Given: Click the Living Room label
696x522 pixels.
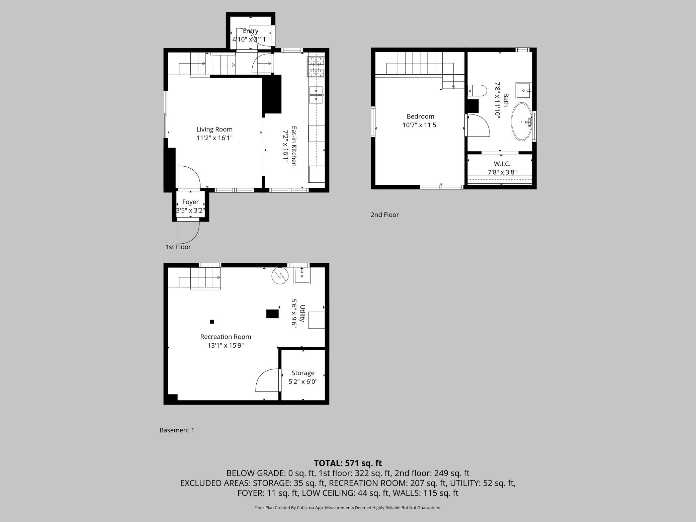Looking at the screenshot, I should coord(214,129).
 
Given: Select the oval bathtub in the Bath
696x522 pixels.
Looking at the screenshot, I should coord(521,121).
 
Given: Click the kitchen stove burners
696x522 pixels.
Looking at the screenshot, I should coord(316,67).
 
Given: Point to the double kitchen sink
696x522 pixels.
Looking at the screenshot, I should coord(316,95).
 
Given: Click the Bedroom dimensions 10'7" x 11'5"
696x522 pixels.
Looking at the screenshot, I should coord(420,125).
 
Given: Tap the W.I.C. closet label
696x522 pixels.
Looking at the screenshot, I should coord(502,164).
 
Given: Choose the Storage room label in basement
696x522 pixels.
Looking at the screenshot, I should coord(303,373).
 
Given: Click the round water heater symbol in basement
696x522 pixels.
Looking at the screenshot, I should coord(280,276).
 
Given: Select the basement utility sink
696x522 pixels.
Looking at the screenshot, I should coord(302,276).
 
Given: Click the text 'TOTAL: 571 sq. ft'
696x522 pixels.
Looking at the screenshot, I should coord(348,463).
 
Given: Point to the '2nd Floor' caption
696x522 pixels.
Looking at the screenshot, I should coord(384,215).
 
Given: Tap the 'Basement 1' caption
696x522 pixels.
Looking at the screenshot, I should coord(177,430).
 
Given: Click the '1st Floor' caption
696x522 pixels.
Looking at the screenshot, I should coord(178,247).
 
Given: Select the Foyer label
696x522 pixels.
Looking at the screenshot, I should coord(190,202).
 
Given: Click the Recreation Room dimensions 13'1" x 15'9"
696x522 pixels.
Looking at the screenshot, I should coord(226,345).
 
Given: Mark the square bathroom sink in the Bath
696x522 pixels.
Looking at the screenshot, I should coord(523,90).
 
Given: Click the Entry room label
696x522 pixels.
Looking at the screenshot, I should coord(250,31).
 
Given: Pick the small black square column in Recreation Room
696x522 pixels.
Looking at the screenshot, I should coord(212,322).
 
